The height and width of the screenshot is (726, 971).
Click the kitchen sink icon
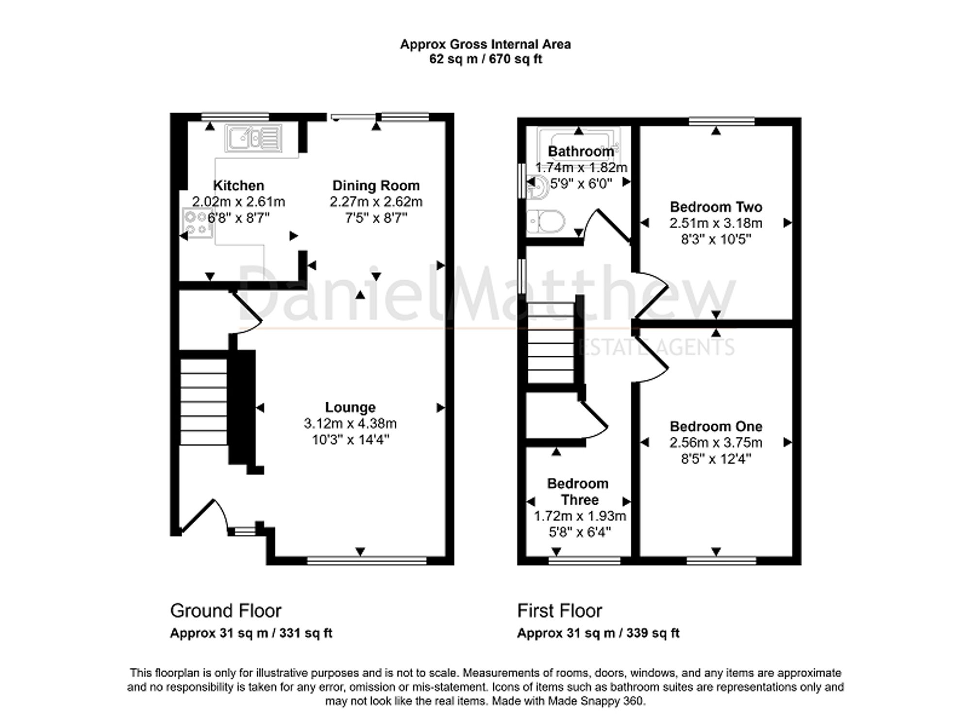pyautogui.click(x=253, y=137)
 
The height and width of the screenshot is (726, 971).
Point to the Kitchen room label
pyautogui.click(x=238, y=185)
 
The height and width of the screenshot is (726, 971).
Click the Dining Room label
pyautogui.click(x=376, y=185)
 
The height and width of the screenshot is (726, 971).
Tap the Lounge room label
pyautogui.click(x=350, y=407)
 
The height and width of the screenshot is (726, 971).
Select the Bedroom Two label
pyautogui.click(x=716, y=207)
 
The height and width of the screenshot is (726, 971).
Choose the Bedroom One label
pyautogui.click(x=716, y=426)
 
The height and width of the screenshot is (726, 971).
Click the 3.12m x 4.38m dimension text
pyautogui.click(x=350, y=423)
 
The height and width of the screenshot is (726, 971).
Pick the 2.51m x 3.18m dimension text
pyautogui.click(x=716, y=223)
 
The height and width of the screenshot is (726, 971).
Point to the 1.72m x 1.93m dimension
pyautogui.click(x=580, y=516)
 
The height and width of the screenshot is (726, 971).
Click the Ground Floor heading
pyautogui.click(x=226, y=610)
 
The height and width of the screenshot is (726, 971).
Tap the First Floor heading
pyautogui.click(x=559, y=610)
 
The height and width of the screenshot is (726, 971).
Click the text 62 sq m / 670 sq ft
pyautogui.click(x=485, y=59)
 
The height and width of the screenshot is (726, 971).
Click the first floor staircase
pyautogui.click(x=551, y=343)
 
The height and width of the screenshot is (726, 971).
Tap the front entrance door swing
pyautogui.click(x=204, y=517)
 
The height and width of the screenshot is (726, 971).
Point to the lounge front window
pyautogui.click(x=367, y=561)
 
